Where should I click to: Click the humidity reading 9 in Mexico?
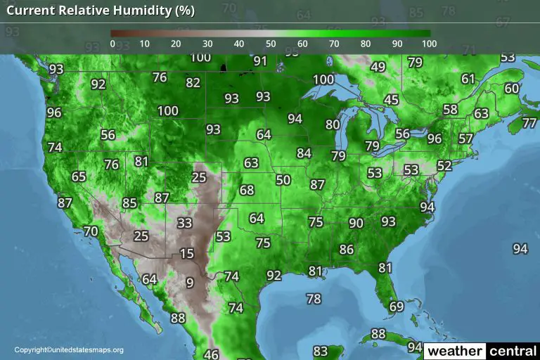click(x=189, y=283)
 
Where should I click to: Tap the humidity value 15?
click(x=186, y=254)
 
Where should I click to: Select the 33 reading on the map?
click(x=184, y=224)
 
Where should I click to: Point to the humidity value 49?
click(x=378, y=67)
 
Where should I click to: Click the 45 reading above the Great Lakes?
click(x=391, y=100)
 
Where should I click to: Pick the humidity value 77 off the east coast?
click(x=531, y=123)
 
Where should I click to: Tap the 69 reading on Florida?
click(x=397, y=307)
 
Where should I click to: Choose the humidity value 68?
click(x=246, y=190)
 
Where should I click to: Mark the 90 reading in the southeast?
click(x=356, y=223)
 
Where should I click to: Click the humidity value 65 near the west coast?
click(x=79, y=177)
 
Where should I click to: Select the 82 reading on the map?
click(x=193, y=82)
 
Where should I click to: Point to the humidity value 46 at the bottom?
click(x=211, y=354)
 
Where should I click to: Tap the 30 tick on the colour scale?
click(x=207, y=44)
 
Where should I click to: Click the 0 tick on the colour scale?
click(x=112, y=44)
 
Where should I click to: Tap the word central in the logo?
click(x=513, y=350)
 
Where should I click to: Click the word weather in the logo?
click(x=456, y=350)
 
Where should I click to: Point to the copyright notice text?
click(x=69, y=350)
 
